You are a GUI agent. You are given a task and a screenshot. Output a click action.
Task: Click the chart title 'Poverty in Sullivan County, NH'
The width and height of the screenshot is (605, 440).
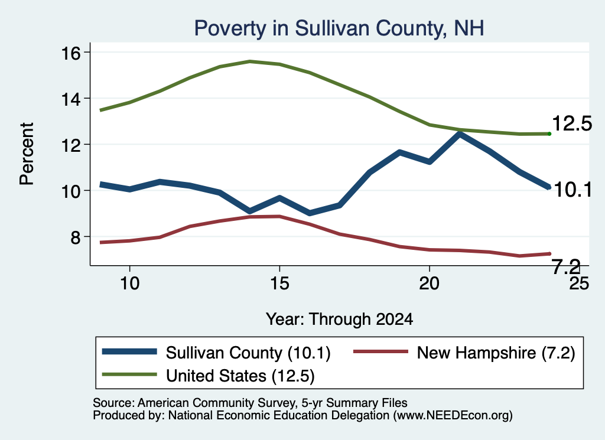click(339, 28)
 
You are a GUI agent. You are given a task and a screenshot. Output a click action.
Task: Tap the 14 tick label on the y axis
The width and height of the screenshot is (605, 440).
click(71, 99)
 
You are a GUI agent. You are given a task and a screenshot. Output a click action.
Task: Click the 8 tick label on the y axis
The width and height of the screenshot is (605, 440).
click(76, 237)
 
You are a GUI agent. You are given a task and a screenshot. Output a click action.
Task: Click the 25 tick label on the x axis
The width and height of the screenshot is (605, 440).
click(579, 283)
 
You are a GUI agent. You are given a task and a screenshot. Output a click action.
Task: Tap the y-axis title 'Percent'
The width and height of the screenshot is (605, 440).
click(27, 154)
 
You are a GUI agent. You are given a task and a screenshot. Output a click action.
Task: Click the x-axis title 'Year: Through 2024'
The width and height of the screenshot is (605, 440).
click(339, 320)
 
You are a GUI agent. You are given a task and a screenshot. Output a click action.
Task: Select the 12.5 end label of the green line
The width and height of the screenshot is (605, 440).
click(572, 124)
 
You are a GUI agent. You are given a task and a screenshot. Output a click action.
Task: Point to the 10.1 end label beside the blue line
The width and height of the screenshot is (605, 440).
click(573, 190)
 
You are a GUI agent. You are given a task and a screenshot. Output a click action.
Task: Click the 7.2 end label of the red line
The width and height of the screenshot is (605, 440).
click(567, 266)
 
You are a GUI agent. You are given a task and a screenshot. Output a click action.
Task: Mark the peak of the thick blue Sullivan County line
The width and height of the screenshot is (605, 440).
click(459, 134)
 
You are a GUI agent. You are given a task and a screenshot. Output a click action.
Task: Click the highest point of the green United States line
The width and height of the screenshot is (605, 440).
click(250, 61)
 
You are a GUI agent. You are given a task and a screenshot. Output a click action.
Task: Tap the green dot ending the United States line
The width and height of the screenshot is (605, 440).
click(549, 134)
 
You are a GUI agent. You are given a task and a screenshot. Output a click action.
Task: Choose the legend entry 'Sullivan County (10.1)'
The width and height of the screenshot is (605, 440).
click(216, 353)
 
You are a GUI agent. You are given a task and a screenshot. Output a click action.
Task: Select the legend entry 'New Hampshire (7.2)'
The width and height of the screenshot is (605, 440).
click(464, 353)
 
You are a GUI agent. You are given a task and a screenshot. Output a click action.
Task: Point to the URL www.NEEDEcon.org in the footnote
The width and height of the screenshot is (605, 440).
click(453, 415)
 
